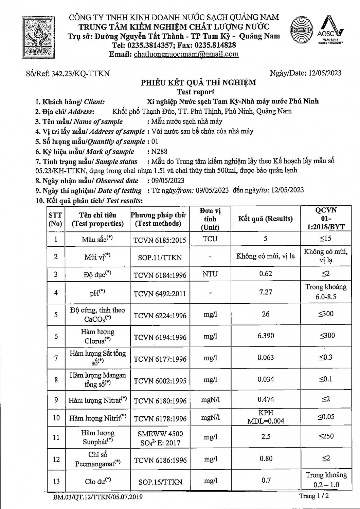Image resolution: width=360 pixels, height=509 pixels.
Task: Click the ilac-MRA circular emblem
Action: [x=301, y=30]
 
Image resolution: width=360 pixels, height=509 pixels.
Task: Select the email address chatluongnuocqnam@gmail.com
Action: [x=186, y=54]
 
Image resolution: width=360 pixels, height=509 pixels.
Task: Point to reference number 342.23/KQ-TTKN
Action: [x=80, y=73]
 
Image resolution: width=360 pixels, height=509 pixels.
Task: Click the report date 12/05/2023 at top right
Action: [x=325, y=73]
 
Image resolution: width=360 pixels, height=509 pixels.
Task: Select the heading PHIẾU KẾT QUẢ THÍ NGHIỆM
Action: [x=199, y=82]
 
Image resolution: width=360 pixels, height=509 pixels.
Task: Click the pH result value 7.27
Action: [x=265, y=292]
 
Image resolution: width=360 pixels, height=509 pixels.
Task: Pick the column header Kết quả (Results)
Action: [x=265, y=219]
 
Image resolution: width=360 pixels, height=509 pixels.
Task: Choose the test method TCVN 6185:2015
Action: [x=160, y=240]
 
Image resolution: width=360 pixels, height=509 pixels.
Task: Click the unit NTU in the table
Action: [x=210, y=274]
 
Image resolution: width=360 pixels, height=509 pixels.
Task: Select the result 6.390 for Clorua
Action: [x=265, y=336]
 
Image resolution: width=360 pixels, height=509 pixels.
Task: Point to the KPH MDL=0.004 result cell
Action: [x=265, y=417]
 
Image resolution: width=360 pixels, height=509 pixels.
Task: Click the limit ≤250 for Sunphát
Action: [x=326, y=436]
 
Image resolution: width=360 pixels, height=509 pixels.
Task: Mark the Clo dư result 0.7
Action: [x=266, y=480]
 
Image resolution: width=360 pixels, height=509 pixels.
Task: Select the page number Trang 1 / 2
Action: [x=314, y=496]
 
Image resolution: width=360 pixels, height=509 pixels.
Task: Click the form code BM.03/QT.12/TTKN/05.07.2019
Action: [x=98, y=497]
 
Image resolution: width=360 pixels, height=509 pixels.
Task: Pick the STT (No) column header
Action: [x=56, y=219]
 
